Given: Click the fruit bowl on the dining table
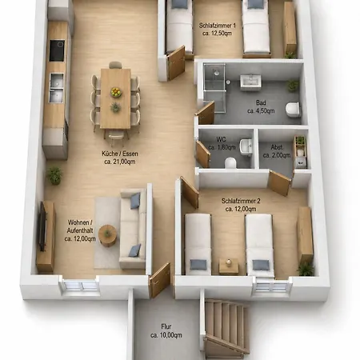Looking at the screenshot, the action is pyautogui.click(x=116, y=92).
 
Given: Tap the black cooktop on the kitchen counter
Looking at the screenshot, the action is pyautogui.click(x=57, y=50).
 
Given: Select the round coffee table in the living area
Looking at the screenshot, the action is pyautogui.click(x=107, y=236).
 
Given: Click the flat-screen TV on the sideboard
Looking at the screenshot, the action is pyautogui.click(x=42, y=226).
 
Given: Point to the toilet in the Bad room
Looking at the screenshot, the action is pyautogui.click(x=293, y=110).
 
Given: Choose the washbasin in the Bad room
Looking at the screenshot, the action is pyautogui.click(x=250, y=81).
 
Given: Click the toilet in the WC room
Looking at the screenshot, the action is pyautogui.click(x=230, y=163).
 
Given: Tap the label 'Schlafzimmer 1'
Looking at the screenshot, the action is pyautogui.click(x=218, y=26).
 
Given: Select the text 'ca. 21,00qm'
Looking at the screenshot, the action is pyautogui.click(x=120, y=162).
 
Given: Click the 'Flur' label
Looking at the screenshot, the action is pyautogui.click(x=166, y=326).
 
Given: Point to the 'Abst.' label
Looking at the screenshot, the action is pyautogui.click(x=277, y=147).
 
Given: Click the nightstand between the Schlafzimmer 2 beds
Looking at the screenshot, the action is pyautogui.click(x=229, y=266).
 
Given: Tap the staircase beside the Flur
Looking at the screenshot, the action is pyautogui.click(x=226, y=329).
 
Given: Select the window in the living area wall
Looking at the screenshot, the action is pyautogui.click(x=81, y=286).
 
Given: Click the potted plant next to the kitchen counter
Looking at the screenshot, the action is pyautogui.click(x=54, y=175).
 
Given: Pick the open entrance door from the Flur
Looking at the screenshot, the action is pyautogui.click(x=160, y=280).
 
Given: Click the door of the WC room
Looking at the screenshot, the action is pyautogui.click(x=203, y=154).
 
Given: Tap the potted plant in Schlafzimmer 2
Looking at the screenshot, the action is pyautogui.click(x=306, y=269).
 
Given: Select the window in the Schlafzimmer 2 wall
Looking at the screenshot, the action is pyautogui.click(x=271, y=286).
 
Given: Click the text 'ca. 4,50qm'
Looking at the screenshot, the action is pyautogui.click(x=261, y=111).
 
